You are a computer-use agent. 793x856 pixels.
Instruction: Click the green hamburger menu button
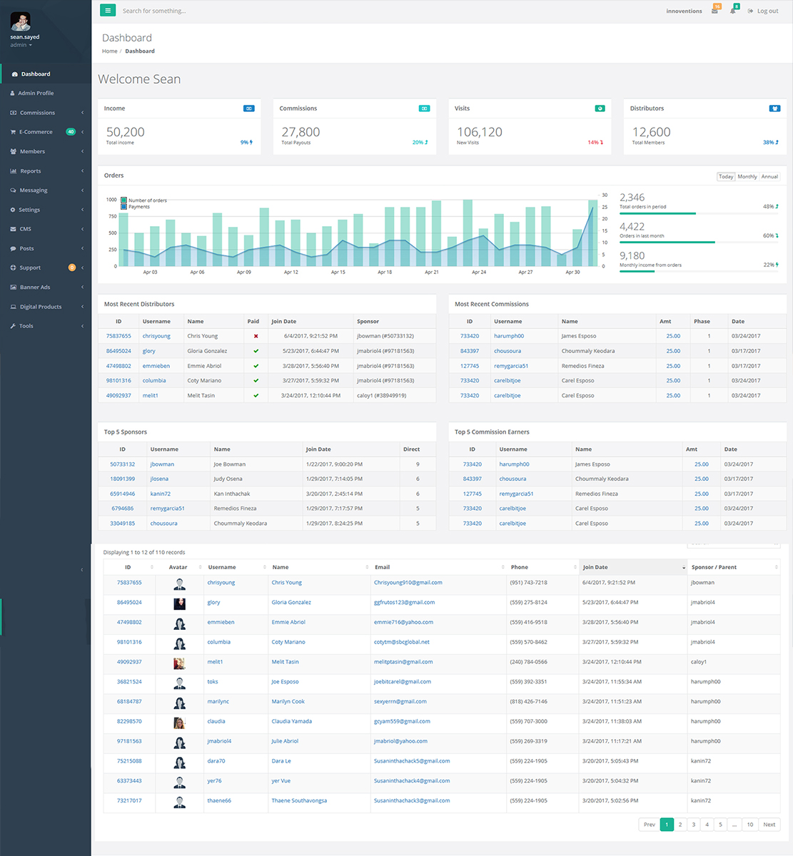click(108, 11)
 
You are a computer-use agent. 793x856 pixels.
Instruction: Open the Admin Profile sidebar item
click(36, 93)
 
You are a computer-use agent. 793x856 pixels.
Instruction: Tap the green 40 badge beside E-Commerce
click(71, 132)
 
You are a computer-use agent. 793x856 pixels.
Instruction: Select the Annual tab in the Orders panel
click(769, 177)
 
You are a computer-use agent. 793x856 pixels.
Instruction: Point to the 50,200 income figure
click(126, 132)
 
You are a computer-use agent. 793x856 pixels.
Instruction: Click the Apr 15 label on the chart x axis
click(338, 272)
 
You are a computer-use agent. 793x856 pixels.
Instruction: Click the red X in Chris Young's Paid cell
click(256, 336)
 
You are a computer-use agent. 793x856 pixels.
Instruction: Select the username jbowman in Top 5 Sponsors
click(162, 464)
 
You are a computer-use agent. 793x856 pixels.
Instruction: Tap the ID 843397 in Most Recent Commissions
click(470, 351)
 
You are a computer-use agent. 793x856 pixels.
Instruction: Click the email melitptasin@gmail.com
click(403, 661)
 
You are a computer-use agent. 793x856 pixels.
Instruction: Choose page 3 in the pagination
click(693, 825)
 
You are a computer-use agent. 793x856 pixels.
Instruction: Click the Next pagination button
click(769, 825)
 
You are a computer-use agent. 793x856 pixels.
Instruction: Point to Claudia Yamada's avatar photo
click(179, 723)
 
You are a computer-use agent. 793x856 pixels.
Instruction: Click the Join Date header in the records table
click(595, 567)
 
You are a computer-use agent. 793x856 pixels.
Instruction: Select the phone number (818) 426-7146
click(528, 701)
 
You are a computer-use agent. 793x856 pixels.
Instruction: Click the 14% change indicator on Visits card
click(595, 143)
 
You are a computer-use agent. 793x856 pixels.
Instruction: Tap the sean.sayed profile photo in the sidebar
click(20, 21)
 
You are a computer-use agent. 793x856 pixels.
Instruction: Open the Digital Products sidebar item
click(41, 307)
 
